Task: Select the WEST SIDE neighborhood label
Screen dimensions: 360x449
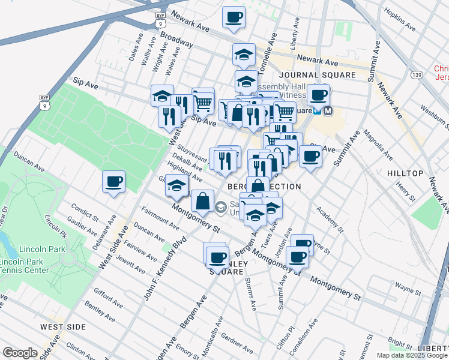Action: click(63, 326)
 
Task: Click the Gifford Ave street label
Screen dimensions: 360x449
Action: click(108, 298)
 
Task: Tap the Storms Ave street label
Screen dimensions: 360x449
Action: click(250, 295)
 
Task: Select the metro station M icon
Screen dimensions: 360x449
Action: click(328, 111)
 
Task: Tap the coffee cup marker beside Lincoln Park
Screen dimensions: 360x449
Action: click(113, 181)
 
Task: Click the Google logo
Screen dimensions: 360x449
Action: click(20, 353)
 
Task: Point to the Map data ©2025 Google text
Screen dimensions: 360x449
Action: click(412, 355)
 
